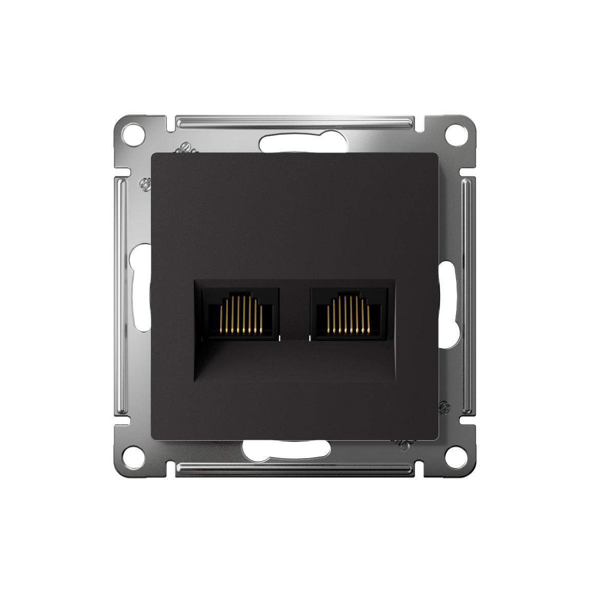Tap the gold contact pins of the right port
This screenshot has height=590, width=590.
click(348, 314)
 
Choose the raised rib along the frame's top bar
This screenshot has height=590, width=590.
click(294, 124)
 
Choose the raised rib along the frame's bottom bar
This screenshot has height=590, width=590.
click(294, 467)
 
